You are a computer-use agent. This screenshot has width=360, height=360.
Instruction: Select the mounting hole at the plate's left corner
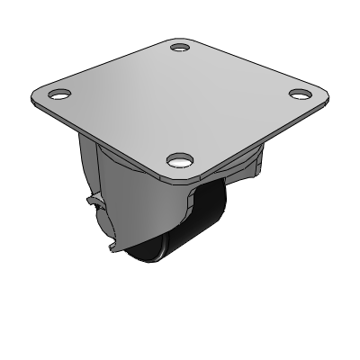pyautogui.click(x=59, y=93)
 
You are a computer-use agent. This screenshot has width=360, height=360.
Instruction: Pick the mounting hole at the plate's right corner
pyautogui.click(x=301, y=92)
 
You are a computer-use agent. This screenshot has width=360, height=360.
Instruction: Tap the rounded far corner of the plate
pyautogui.click(x=180, y=36)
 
